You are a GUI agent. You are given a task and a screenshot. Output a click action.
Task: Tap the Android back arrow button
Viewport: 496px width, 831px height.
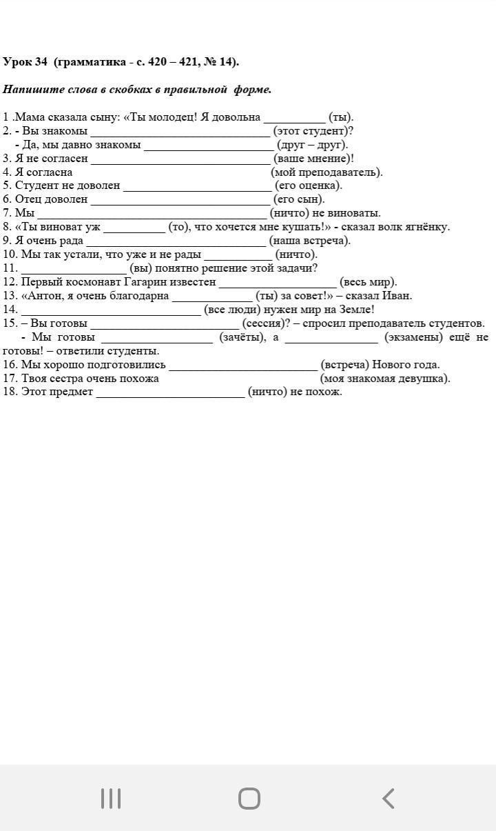(x=389, y=799)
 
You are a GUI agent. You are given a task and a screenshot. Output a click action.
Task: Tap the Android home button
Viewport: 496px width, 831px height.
(x=249, y=799)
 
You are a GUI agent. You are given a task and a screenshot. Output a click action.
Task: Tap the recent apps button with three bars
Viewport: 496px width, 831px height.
(x=110, y=799)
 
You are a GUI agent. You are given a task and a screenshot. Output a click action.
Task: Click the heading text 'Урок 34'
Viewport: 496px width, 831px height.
(x=25, y=62)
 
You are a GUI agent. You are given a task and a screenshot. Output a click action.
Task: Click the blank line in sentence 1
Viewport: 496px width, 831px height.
(x=294, y=118)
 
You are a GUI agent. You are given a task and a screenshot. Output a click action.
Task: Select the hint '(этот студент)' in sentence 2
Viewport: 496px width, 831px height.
(x=313, y=131)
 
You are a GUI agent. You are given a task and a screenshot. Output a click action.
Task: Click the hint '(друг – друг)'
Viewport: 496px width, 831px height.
(x=312, y=145)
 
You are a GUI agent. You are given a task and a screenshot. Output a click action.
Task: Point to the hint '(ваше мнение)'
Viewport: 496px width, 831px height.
(x=313, y=159)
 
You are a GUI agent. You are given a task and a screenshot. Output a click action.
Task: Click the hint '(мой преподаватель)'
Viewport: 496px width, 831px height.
(x=327, y=172)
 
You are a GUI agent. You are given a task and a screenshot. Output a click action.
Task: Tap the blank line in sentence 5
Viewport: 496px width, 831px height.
(x=197, y=186)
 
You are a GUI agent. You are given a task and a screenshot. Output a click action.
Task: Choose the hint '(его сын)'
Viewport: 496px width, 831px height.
(x=299, y=199)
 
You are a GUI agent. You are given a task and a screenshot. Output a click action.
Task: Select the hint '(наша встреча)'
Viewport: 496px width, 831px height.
(x=310, y=241)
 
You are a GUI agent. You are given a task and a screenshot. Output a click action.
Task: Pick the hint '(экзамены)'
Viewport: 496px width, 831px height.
(x=413, y=337)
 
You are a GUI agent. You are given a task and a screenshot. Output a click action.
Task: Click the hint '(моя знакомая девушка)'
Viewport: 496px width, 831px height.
(x=385, y=379)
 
